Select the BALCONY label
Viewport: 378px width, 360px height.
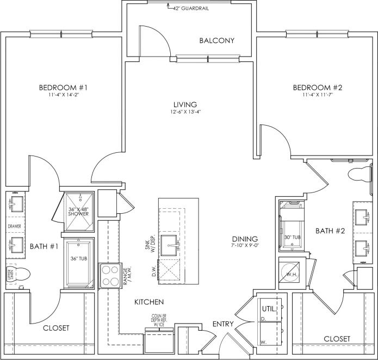(x=216, y=41)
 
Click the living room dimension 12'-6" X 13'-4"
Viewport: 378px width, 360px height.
(x=184, y=113)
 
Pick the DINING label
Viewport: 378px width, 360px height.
(x=244, y=239)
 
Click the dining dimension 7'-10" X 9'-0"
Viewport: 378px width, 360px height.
(x=244, y=246)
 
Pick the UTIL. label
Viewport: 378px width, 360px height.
(x=270, y=309)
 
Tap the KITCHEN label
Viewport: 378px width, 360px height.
(x=150, y=301)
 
